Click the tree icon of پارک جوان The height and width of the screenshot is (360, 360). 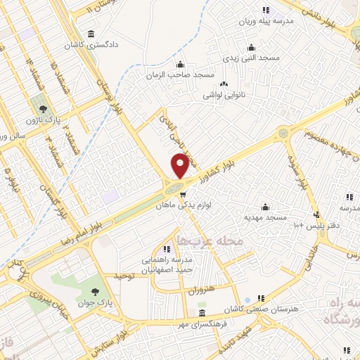click(x=95, y=292)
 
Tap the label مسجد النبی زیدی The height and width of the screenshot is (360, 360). click(x=251, y=58)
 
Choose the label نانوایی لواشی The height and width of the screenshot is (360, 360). click(x=224, y=94)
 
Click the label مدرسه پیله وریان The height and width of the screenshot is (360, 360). click(x=263, y=21)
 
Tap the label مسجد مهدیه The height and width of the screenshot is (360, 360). click(x=264, y=217)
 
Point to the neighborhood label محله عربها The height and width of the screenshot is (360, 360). click(x=202, y=240)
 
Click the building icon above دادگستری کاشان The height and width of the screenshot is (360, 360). click(x=91, y=34)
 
